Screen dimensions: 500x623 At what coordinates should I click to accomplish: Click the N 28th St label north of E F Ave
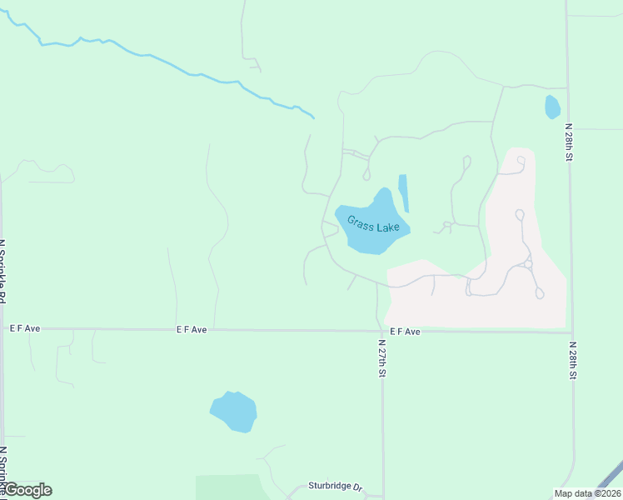[569, 142]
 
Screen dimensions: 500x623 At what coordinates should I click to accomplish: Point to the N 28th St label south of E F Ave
[573, 360]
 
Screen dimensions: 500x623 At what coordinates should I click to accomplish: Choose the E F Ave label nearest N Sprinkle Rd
[25, 329]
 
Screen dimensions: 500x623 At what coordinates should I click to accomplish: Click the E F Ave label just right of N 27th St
[405, 332]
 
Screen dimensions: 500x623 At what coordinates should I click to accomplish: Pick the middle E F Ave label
[192, 330]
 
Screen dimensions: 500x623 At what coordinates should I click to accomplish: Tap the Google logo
[28, 490]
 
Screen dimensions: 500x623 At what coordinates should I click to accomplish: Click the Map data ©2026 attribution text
[586, 492]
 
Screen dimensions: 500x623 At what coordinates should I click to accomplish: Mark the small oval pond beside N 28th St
[551, 107]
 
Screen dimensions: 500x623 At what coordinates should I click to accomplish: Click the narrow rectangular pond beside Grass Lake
[404, 192]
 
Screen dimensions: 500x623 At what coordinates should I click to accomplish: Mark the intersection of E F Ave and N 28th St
[571, 332]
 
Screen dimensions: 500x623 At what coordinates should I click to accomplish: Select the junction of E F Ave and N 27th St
[382, 331]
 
